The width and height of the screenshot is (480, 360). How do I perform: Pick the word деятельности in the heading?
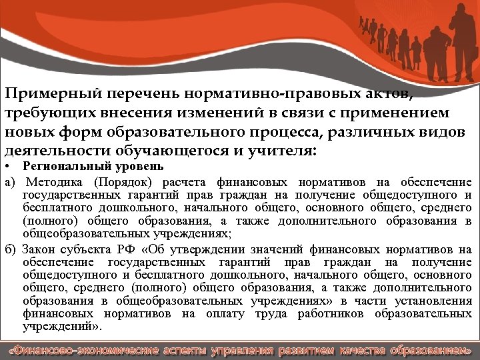[x=50, y=151]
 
